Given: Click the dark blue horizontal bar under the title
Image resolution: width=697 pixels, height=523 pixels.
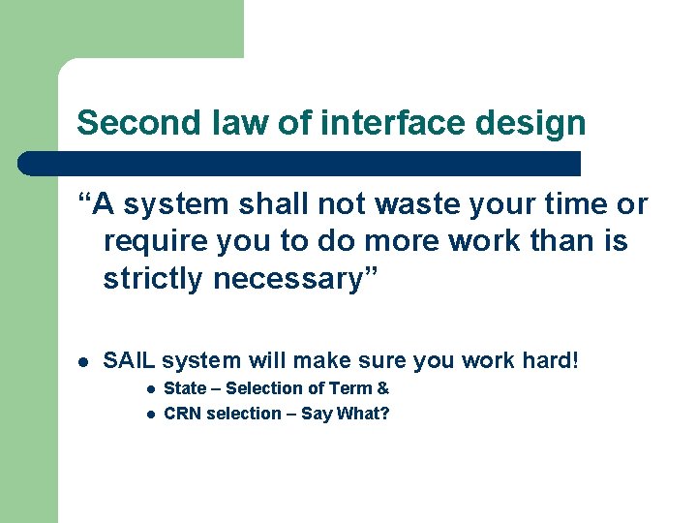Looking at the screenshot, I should tap(300, 163).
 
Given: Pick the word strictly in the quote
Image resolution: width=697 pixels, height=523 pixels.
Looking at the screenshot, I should tap(154, 279).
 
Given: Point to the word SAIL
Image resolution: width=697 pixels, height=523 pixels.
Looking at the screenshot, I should tap(130, 361).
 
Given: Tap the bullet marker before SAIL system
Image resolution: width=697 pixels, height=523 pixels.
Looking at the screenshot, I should tap(84, 362).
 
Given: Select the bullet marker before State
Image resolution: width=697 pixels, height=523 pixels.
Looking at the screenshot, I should tap(150, 389).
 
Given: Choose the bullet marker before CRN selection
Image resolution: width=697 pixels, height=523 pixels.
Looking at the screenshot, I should tap(150, 415).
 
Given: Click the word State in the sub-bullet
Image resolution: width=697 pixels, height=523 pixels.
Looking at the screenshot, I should tap(185, 388).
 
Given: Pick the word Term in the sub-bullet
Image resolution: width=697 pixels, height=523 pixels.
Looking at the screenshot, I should tap(350, 388).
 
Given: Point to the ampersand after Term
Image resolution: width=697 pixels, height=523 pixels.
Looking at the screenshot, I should tap(383, 388).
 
